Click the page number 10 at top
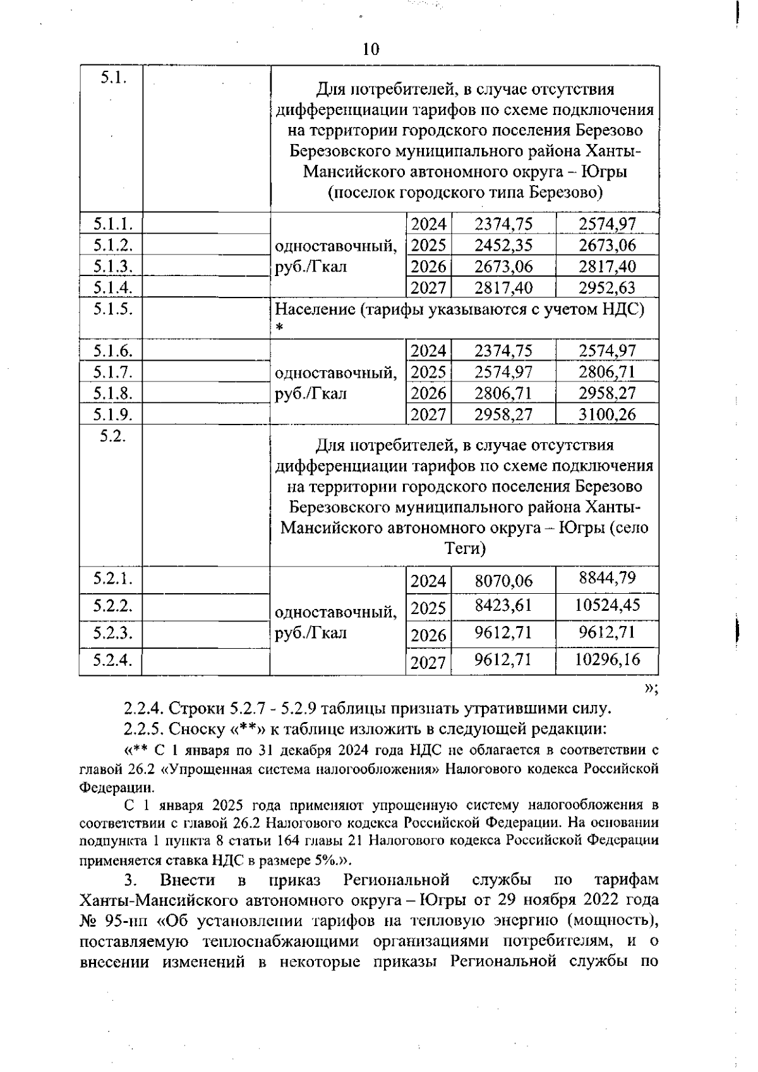(371, 49)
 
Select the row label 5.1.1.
(112, 224)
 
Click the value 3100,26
(607, 414)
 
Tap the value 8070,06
(503, 580)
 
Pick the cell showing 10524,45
(607, 605)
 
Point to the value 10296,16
(607, 659)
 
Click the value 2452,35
(503, 245)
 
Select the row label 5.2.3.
(112, 632)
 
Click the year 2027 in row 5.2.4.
(428, 663)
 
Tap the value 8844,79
(607, 577)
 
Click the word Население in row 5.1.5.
(315, 310)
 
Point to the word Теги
(465, 548)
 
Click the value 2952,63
(607, 287)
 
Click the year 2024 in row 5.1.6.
(428, 351)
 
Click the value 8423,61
(503, 606)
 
